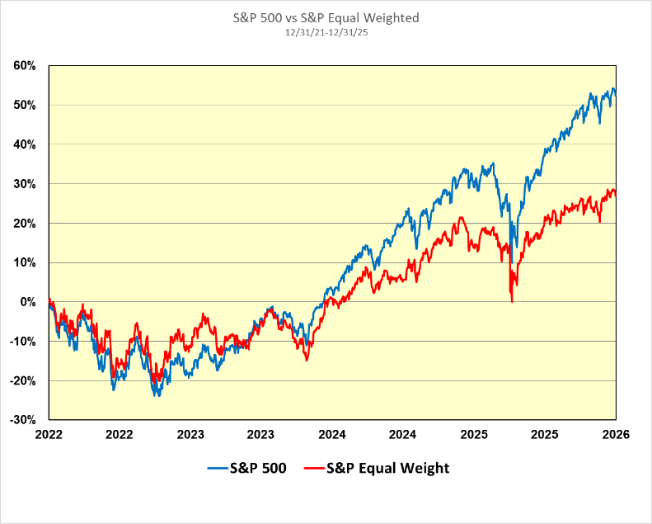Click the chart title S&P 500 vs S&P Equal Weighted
[x=326, y=18]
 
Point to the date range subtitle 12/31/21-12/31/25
[x=326, y=32]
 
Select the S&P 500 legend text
[x=259, y=469]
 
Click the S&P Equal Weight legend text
[x=388, y=469]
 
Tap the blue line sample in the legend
[x=218, y=469]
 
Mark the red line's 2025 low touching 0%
[x=512, y=301]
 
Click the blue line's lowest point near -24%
[x=157, y=396]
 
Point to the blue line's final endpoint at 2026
[x=616, y=96]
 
